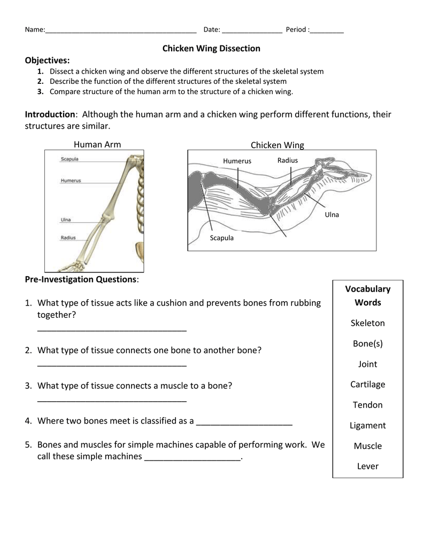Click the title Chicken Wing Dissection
211,49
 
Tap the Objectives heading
47,61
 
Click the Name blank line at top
121,32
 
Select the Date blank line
252,32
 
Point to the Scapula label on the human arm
70,159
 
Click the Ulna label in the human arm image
66,220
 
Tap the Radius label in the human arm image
68,238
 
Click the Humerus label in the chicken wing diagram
237,161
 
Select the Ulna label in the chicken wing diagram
332,215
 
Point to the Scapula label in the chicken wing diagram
222,238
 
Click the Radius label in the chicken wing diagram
288,160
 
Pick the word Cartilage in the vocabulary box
368,385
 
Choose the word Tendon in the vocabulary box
368,405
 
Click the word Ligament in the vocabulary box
368,426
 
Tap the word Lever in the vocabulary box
368,466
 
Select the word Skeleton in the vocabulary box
368,323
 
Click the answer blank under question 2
112,365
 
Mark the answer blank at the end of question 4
244,425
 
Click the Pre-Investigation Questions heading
82,279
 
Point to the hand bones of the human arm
72,267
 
